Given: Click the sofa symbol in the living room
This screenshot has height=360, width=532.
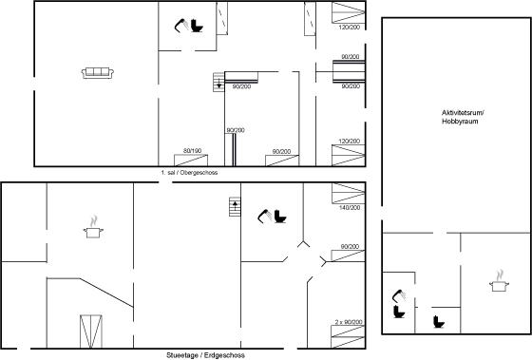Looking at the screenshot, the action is tap(98, 73).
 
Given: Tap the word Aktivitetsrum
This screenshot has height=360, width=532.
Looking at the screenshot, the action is tap(462, 112).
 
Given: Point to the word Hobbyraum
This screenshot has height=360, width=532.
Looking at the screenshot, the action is tap(460, 122).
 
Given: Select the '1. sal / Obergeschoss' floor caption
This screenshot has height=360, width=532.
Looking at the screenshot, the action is tap(189, 172).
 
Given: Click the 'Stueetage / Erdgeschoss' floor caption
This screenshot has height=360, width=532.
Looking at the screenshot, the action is tap(205, 355).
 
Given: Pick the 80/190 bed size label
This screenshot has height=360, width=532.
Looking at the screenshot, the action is tap(192, 151).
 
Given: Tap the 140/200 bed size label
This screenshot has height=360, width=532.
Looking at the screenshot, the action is tap(350, 207).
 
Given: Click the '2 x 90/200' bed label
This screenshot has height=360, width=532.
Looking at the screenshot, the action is tap(349, 322).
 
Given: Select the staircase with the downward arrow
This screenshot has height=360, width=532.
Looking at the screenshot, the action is tap(218, 82).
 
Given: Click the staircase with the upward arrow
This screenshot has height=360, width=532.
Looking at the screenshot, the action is tap(235, 207).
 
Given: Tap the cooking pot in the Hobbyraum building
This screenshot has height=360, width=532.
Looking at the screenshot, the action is tap(500, 280).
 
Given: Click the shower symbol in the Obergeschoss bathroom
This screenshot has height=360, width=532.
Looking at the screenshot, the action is tap(181, 26).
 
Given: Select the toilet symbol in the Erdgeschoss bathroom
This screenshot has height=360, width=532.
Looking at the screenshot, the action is tap(280, 217).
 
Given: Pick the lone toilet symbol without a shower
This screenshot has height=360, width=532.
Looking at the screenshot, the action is tap(439, 322).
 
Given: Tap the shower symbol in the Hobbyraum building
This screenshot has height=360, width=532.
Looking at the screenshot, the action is tap(399, 295).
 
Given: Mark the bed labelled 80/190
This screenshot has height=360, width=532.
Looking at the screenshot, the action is tap(191, 161).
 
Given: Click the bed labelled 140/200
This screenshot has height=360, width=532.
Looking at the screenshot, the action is tap(349, 194).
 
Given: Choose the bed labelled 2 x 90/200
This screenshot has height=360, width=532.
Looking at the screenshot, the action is tap(348, 336).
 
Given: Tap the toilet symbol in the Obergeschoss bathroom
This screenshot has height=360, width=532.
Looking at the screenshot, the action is tap(197, 26).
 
